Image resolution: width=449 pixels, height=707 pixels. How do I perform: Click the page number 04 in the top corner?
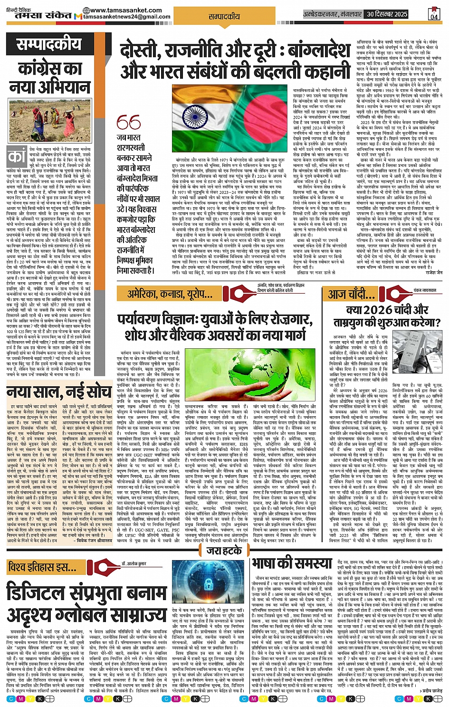434,15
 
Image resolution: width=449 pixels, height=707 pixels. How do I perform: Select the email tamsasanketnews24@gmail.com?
126,17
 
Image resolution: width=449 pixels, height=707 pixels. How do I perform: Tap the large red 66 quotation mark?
129,123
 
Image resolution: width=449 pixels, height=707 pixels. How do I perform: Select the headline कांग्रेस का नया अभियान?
49,78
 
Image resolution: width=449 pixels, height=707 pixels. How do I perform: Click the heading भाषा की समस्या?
292,563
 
